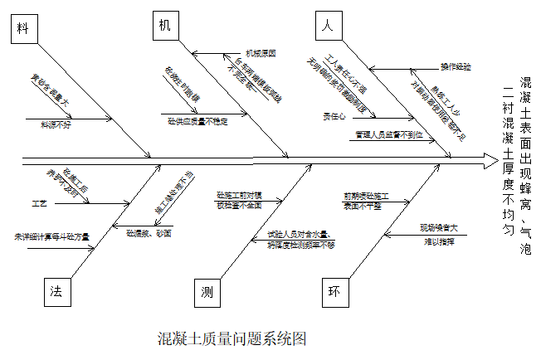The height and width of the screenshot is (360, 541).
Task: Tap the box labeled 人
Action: (329, 26)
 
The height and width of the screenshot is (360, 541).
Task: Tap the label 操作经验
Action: (456, 66)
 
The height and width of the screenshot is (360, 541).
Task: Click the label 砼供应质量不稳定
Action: (197, 121)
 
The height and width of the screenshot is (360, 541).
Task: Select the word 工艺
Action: (39, 202)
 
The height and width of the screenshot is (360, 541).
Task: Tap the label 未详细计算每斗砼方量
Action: (51, 236)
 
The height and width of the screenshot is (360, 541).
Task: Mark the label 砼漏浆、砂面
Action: (149, 234)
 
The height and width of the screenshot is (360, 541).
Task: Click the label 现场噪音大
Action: (438, 226)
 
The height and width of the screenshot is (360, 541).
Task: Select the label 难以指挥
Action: (439, 241)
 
